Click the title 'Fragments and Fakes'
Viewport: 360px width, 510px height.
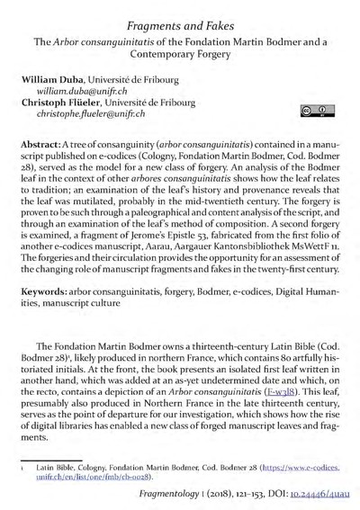coord(180,14)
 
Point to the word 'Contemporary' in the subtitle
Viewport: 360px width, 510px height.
coord(180,55)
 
